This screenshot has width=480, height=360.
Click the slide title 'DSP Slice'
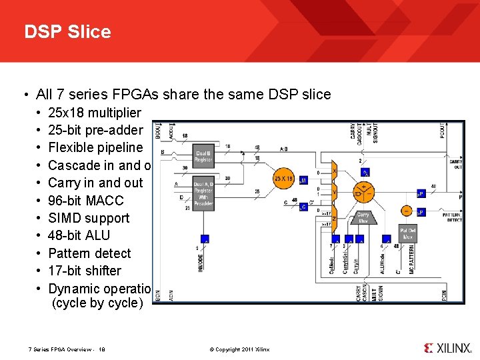[x=67, y=31]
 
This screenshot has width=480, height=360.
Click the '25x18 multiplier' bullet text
[x=95, y=112]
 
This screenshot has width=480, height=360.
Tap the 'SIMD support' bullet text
[x=89, y=218]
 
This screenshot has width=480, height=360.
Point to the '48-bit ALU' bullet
[x=79, y=235]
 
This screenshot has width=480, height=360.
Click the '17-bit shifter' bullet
[x=85, y=271]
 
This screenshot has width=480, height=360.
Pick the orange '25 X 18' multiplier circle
[x=284, y=179]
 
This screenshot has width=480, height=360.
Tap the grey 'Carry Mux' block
[x=363, y=217]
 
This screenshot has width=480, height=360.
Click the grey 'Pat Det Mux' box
[x=408, y=233]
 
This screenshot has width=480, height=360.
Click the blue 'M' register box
[x=303, y=180]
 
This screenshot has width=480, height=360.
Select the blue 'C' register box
[x=303, y=207]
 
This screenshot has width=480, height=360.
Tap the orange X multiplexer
[x=334, y=172]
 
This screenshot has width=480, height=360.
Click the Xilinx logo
[x=447, y=348]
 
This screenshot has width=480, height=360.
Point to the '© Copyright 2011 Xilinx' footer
[x=239, y=349]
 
